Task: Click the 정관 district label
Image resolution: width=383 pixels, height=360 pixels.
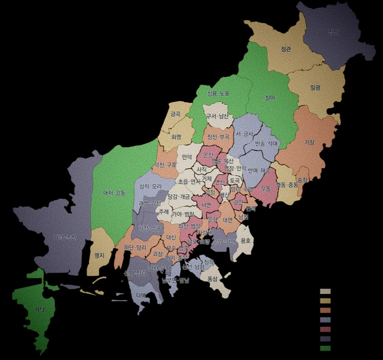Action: pyautogui.click(x=286, y=49)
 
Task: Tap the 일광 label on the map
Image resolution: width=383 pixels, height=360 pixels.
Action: pyautogui.click(x=315, y=88)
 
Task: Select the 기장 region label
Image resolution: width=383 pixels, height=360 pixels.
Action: pyautogui.click(x=309, y=143)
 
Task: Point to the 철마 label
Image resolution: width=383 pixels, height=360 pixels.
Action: pyautogui.click(x=270, y=98)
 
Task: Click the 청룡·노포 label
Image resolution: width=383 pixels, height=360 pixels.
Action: pyautogui.click(x=218, y=93)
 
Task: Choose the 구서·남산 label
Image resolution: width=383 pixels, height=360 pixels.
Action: pyautogui.click(x=218, y=116)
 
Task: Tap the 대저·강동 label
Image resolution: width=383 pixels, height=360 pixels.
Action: pyautogui.click(x=115, y=193)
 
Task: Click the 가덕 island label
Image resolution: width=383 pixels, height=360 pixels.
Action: pyautogui.click(x=39, y=309)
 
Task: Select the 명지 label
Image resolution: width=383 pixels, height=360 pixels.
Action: pyautogui.click(x=99, y=255)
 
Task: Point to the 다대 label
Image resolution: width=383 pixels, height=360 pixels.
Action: pyautogui.click(x=141, y=295)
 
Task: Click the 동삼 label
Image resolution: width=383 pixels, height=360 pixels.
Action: pyautogui.click(x=212, y=279)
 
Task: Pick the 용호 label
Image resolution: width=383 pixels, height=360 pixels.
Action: pyautogui.click(x=245, y=241)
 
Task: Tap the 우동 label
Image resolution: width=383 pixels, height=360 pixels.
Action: pyautogui.click(x=266, y=188)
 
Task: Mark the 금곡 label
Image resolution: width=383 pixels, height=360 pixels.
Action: pyautogui.click(x=175, y=114)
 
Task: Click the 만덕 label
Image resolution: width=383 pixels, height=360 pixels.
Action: pyautogui.click(x=187, y=157)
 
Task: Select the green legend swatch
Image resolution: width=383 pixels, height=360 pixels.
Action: pyautogui.click(x=325, y=348)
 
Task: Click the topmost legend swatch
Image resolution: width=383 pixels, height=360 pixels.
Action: pyautogui.click(x=325, y=291)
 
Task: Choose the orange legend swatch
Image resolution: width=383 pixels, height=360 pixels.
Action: pyautogui.click(x=325, y=310)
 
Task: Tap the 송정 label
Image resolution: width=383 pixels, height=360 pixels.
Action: pyautogui.click(x=302, y=179)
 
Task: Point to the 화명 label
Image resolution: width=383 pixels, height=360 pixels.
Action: pyautogui.click(x=176, y=137)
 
